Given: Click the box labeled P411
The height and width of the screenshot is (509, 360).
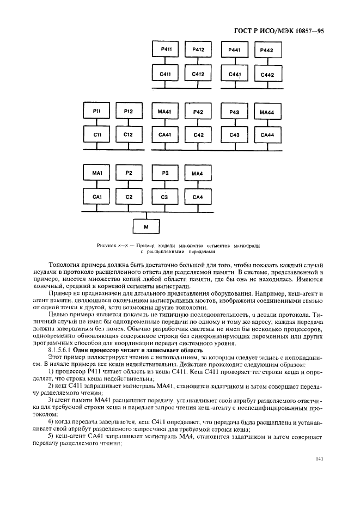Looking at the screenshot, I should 167,50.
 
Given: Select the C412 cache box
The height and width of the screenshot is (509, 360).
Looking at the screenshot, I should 198,74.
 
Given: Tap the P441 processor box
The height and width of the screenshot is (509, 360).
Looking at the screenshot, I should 235,50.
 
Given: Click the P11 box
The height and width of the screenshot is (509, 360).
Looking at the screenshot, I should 97,111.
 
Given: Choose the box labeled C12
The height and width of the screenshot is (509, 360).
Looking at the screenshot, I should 129,134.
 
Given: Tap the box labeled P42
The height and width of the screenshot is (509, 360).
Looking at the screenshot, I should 198,112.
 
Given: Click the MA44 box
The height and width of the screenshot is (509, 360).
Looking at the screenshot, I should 267,112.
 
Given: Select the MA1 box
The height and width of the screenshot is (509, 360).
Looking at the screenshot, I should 97,173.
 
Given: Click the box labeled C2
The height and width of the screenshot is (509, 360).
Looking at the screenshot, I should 129,196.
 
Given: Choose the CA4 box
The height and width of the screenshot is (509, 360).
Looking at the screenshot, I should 198,196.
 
